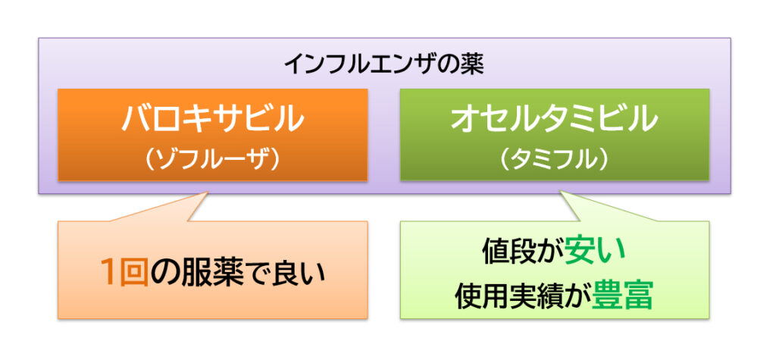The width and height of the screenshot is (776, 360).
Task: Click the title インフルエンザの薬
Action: coord(384,65)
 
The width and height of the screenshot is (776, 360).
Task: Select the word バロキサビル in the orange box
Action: coord(212,118)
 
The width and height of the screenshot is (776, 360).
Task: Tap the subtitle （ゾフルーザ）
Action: coord(213,159)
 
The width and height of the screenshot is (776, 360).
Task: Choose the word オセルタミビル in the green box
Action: coord(554,118)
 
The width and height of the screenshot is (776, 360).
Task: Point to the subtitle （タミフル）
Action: coord(555,159)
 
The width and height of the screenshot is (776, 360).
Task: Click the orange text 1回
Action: coord(125,274)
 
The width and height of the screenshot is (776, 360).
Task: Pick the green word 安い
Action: coord(595,252)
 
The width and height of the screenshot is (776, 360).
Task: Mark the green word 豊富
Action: coord(623,295)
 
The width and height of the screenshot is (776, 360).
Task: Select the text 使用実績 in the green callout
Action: coord(509,295)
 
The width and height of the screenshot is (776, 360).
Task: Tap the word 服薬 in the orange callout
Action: coord(211,274)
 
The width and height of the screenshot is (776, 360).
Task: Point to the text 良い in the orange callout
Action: coord(297,274)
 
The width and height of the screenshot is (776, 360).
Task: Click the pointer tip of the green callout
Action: coord(560,191)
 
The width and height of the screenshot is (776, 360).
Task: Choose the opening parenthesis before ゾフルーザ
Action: coord(152,160)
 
